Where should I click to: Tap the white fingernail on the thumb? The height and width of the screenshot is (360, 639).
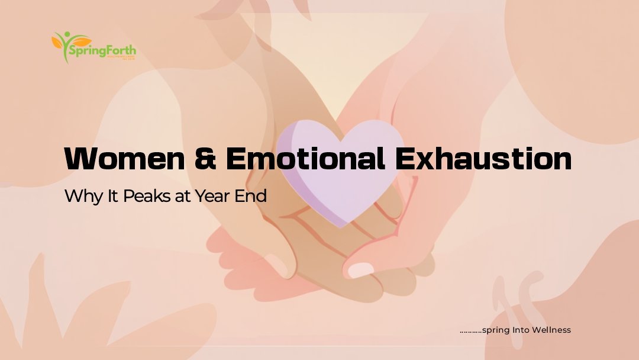[360, 270]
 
